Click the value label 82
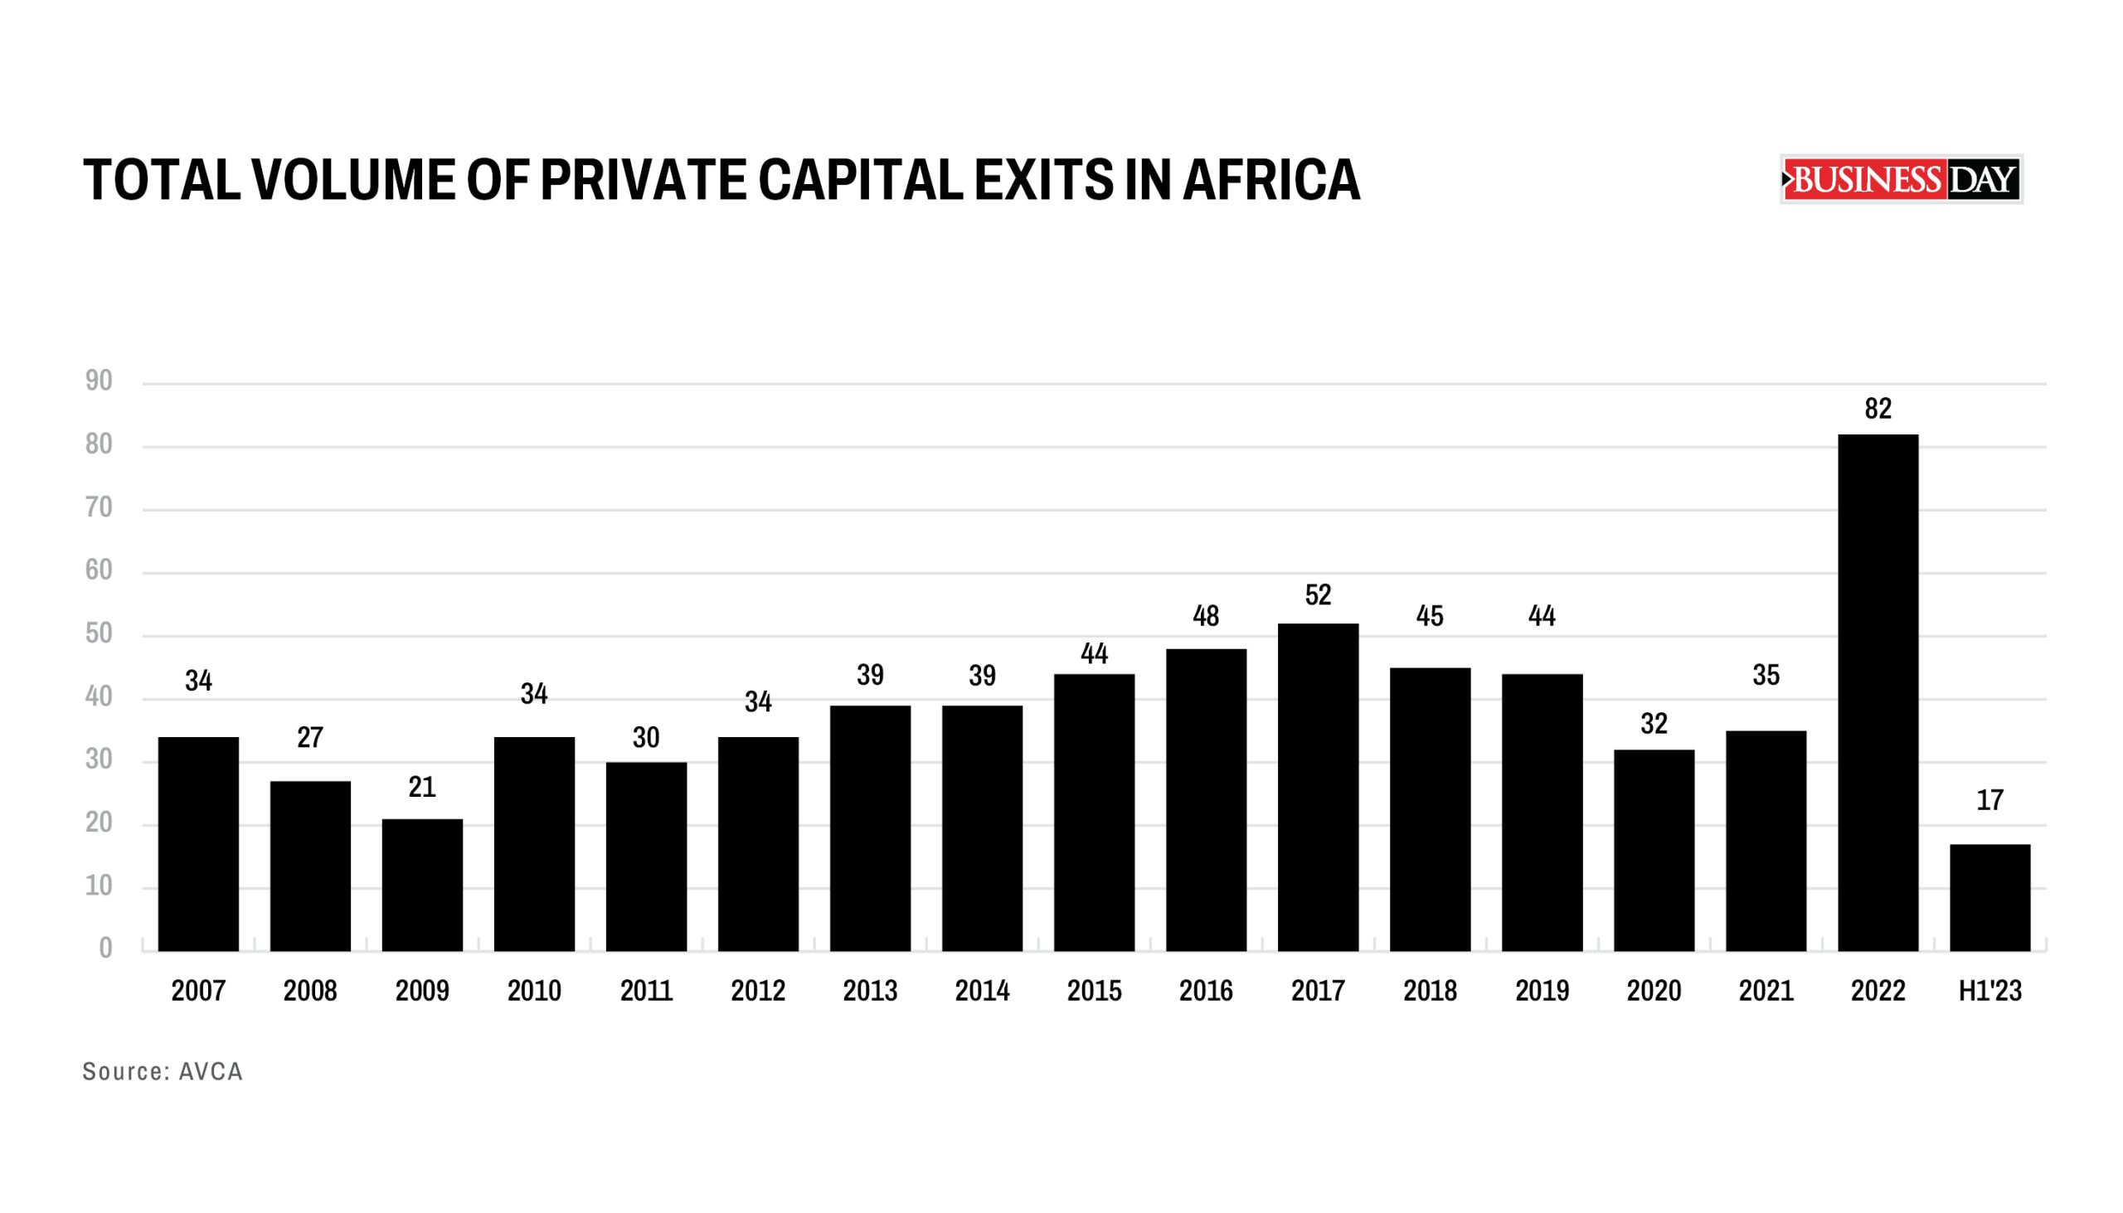pyautogui.click(x=1878, y=409)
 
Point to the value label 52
pyautogui.click(x=1317, y=594)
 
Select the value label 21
pyautogui.click(x=421, y=788)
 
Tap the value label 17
pyautogui.click(x=1989, y=801)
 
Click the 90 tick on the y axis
pyautogui.click(x=99, y=381)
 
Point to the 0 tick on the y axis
pyautogui.click(x=105, y=948)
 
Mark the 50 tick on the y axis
pyautogui.click(x=99, y=634)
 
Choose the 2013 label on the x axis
pyautogui.click(x=870, y=991)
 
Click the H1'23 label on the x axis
pyautogui.click(x=1989, y=991)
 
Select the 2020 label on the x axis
pyautogui.click(x=1653, y=991)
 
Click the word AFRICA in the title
pyautogui.click(x=1271, y=180)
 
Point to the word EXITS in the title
pyautogui.click(x=1043, y=180)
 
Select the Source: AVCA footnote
pyautogui.click(x=163, y=1071)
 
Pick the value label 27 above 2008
pyautogui.click(x=310, y=738)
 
